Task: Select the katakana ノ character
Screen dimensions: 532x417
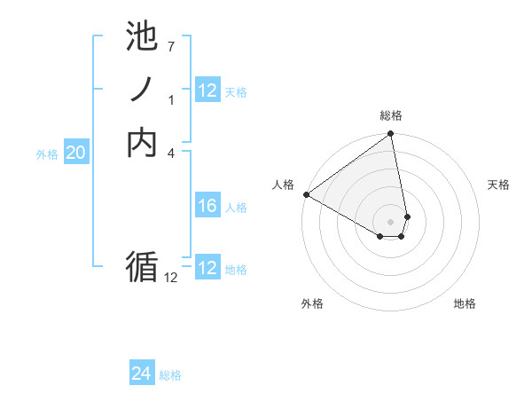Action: click(142, 90)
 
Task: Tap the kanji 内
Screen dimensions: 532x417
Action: click(142, 142)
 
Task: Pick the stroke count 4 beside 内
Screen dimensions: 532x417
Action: click(170, 152)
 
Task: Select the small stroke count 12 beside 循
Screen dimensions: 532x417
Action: click(170, 278)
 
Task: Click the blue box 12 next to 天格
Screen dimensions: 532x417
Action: click(207, 90)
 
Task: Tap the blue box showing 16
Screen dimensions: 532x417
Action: click(207, 206)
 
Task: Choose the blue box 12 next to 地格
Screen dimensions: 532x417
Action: click(207, 268)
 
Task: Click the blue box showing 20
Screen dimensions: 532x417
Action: click(76, 153)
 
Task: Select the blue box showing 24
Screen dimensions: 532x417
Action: click(142, 374)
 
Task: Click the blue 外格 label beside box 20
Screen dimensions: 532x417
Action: click(47, 154)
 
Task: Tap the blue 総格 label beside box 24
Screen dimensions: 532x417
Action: click(170, 375)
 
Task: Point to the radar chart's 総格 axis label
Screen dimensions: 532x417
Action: click(391, 115)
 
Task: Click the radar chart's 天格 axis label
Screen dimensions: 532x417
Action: click(498, 185)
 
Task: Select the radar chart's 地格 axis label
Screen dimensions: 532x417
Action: click(465, 303)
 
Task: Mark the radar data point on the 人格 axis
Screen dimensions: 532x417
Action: click(306, 194)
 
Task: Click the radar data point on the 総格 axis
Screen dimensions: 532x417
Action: click(391, 135)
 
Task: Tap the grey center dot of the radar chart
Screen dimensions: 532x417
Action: click(391, 221)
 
